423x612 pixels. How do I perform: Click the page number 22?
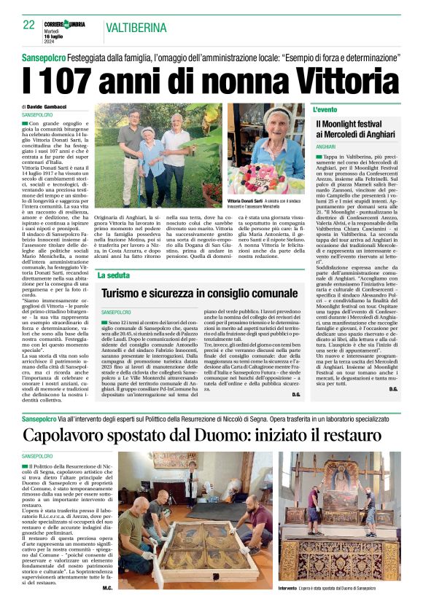coord(28,25)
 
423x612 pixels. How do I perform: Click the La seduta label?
coord(113,275)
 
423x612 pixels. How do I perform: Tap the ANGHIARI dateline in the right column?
coord(326,146)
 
